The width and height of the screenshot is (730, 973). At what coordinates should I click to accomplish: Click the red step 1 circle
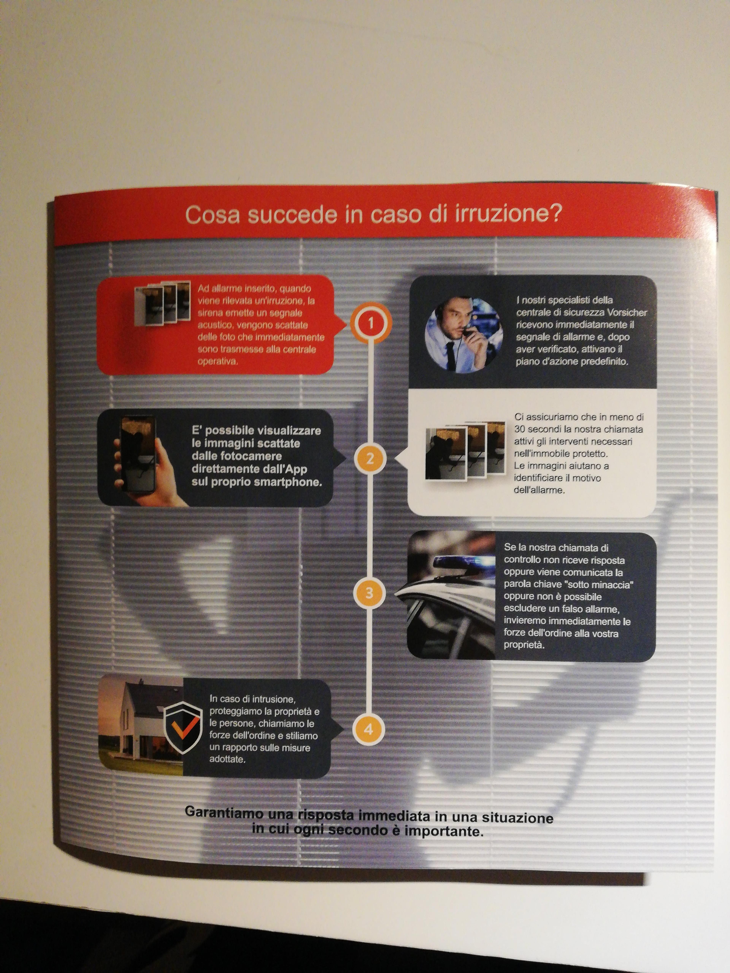coord(371,323)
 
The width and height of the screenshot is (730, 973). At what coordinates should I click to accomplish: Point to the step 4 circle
coord(368,729)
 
